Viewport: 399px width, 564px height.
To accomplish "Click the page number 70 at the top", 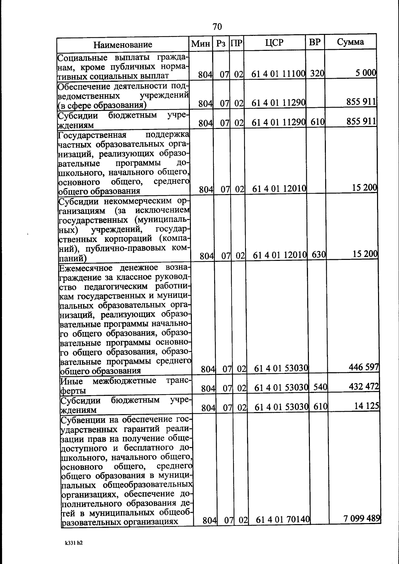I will tap(217, 27).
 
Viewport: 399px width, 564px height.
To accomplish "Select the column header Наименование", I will tap(123, 44).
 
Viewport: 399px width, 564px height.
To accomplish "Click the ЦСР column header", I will tap(274, 43).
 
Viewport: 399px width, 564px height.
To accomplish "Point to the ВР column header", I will tap(315, 42).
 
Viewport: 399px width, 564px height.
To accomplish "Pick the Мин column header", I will tap(200, 44).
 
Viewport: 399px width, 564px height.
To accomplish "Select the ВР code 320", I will tap(317, 73).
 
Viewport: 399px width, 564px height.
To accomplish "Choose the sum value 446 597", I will tap(364, 367).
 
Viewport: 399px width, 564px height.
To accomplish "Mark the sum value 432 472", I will tap(364, 386).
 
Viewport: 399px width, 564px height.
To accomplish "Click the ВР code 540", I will tap(321, 387).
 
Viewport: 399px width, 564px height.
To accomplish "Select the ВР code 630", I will tap(319, 255).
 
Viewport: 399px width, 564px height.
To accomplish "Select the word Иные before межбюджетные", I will tap(71, 381).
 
